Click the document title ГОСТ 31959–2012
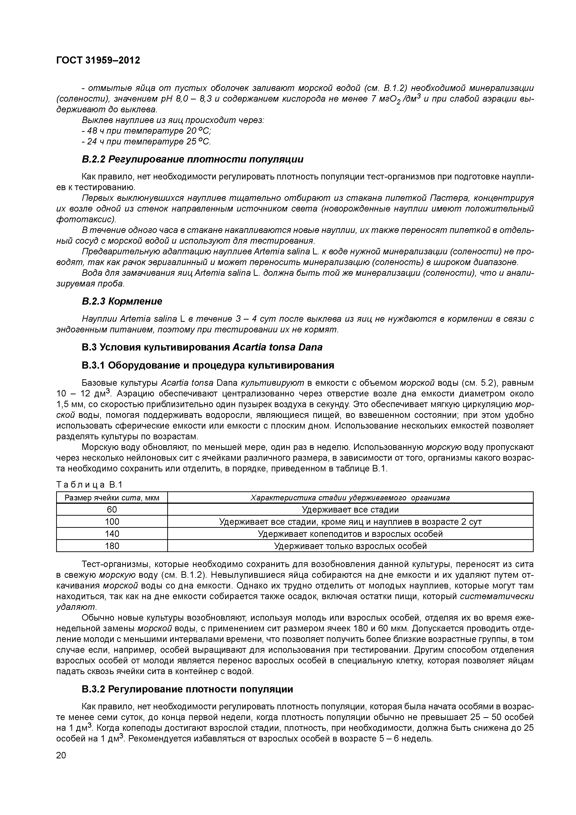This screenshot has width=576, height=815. [98, 61]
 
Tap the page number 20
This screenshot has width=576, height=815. [61, 755]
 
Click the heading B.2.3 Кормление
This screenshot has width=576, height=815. [122, 301]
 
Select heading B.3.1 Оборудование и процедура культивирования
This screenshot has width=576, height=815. [208, 365]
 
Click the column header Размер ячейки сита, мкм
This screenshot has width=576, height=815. [112, 498]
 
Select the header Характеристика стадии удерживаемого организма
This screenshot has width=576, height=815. [350, 498]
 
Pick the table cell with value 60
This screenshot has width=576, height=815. [112, 510]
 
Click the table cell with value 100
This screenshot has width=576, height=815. [112, 522]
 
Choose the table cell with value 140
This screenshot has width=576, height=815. [112, 534]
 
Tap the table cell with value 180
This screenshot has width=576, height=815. [112, 546]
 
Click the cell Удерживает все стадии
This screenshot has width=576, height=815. [350, 510]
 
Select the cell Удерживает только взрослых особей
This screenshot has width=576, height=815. [350, 546]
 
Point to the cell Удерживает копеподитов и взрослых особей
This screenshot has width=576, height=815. [350, 534]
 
